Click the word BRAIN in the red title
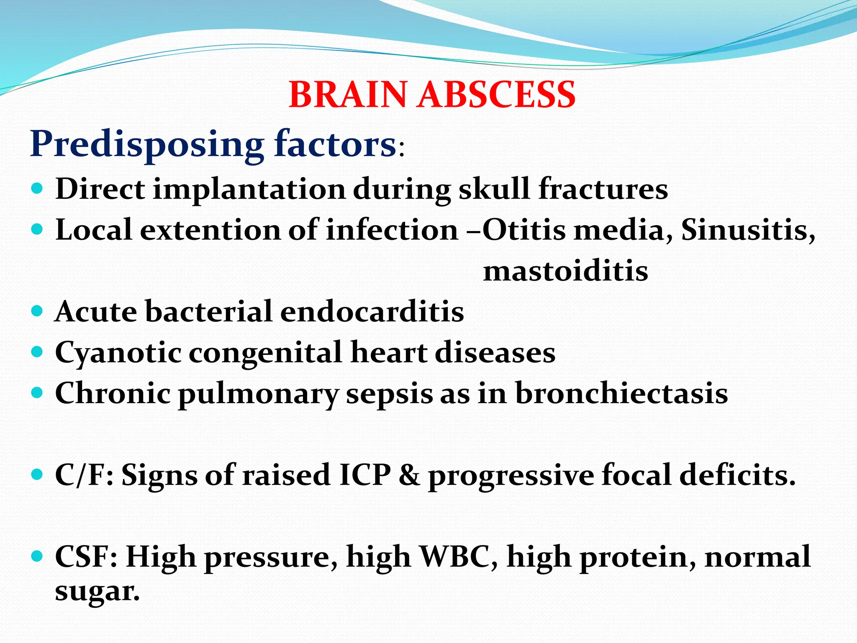point(348,95)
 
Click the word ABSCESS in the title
point(497,95)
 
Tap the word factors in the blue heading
point(335,144)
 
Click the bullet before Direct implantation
point(37,189)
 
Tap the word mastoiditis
point(566,271)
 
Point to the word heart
point(389,352)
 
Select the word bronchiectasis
point(621,394)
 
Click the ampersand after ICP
point(409,475)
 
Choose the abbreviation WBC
point(459,557)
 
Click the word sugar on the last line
point(97,592)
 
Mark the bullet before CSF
point(37,556)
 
